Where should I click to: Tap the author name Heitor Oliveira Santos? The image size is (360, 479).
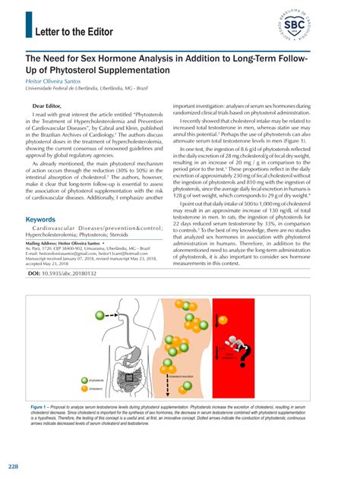57,80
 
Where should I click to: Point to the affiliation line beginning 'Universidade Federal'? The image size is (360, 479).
84,88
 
